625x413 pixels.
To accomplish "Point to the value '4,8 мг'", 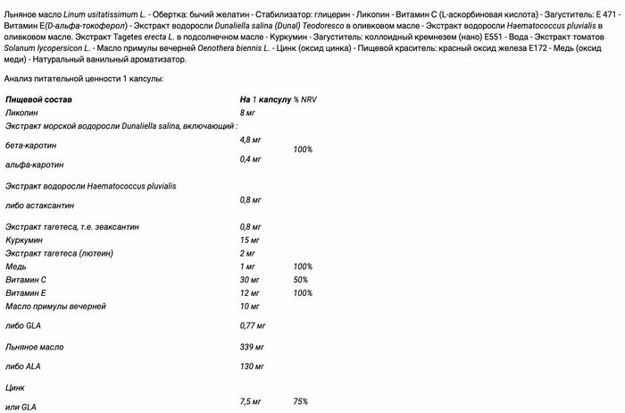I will tap(251, 140).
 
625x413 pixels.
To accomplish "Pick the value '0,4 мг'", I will tap(251, 159).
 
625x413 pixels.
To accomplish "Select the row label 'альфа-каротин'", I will tap(32, 164).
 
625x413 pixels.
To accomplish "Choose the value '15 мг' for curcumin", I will tap(250, 240).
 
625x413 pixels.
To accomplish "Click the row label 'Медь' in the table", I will tap(16, 266).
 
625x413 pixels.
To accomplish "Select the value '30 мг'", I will tap(250, 280).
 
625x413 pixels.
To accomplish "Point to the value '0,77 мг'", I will tap(253, 325).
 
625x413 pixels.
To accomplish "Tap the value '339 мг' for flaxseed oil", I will tap(252, 345).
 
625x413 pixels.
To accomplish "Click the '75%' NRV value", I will tap(301, 401).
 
